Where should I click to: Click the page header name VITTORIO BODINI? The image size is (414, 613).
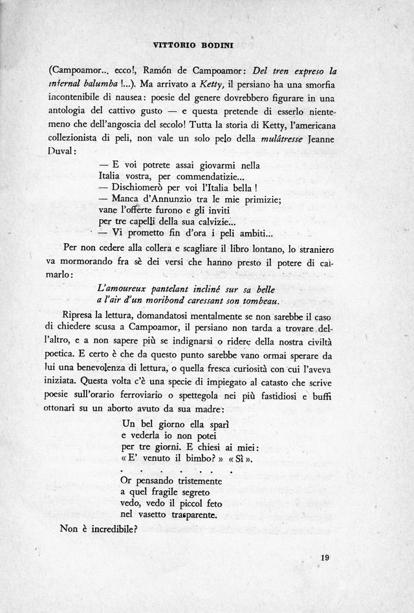[x=206, y=46]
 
